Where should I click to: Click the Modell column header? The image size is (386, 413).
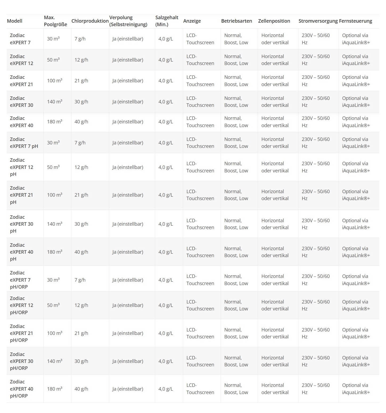tap(15, 21)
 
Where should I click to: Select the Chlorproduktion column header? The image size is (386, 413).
tap(90, 21)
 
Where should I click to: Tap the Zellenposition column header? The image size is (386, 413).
tap(274, 21)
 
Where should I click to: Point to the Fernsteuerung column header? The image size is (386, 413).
tap(355, 21)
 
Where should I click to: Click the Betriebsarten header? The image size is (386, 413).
tap(236, 21)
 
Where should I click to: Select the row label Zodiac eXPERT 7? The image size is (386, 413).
tap(20, 39)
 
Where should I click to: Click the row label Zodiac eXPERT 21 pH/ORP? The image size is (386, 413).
tap(22, 333)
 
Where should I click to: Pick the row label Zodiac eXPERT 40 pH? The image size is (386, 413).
tap(22, 252)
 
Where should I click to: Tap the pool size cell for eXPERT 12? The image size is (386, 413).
tap(53, 60)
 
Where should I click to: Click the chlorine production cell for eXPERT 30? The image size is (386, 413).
tap(81, 102)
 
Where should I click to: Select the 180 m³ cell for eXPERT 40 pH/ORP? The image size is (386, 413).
tap(55, 389)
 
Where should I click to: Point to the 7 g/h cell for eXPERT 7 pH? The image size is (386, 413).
tap(80, 143)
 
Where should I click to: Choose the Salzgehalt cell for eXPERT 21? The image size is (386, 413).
tap(166, 81)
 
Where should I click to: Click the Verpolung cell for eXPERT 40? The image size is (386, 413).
tap(128, 122)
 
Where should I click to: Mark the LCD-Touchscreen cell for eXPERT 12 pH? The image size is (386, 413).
tap(200, 167)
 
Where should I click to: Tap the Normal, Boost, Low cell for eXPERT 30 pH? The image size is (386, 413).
tap(236, 224)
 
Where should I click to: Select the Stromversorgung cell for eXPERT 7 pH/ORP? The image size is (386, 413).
tap(315, 280)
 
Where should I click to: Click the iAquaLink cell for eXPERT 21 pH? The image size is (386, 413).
tap(356, 195)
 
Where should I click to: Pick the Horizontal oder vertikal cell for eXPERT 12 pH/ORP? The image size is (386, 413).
tap(275, 305)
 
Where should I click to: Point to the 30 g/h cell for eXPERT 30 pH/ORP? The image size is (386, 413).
tap(81, 361)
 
